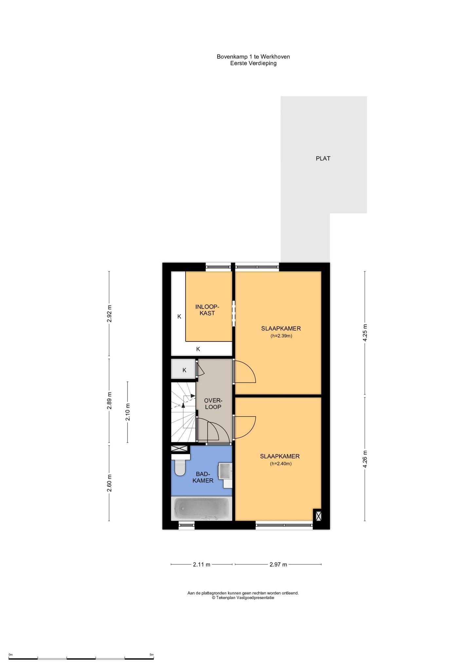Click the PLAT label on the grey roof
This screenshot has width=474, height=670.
(323, 158)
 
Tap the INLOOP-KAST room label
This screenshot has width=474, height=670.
(207, 310)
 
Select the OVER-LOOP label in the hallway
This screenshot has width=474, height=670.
(213, 404)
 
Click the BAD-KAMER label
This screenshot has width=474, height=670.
(203, 477)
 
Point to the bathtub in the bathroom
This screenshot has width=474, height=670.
(202, 508)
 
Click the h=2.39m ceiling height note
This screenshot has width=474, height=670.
(281, 336)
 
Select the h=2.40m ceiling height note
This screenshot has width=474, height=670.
(281, 464)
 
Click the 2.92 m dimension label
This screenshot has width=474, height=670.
(110, 314)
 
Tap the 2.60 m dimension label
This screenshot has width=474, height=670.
(110, 483)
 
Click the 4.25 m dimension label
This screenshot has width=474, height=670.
(365, 333)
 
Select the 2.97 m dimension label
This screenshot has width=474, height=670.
(278, 564)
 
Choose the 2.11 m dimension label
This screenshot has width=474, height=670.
(202, 564)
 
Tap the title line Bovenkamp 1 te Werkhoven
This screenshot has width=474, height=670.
(253, 57)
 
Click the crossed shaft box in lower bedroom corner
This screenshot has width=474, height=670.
(318, 516)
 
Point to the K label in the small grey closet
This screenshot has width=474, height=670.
(184, 370)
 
